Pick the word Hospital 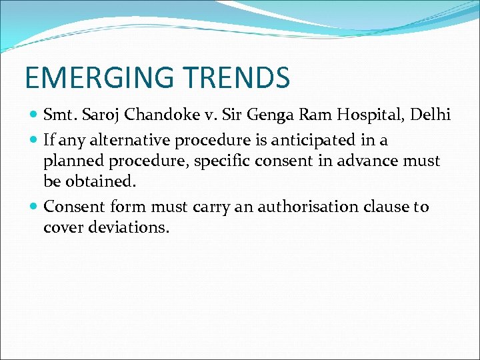point(364,115)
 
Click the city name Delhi point(431,115)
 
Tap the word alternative point(129,140)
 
